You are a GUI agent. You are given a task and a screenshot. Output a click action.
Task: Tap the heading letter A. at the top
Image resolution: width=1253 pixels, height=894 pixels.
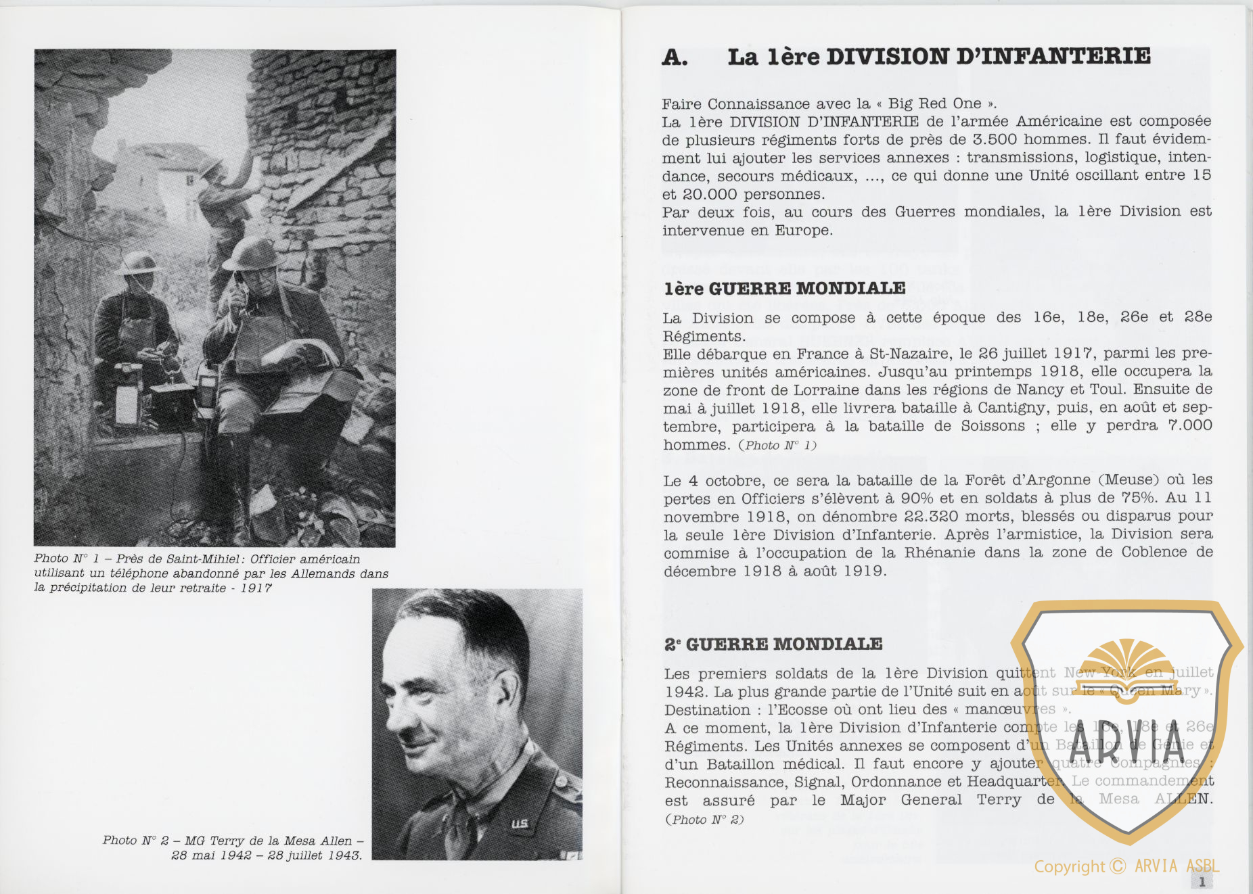tap(675, 57)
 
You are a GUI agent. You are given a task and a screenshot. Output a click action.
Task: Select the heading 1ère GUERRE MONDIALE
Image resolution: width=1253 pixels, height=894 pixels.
tap(785, 289)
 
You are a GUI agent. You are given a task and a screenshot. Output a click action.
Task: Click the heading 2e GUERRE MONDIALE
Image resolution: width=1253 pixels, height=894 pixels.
tap(773, 644)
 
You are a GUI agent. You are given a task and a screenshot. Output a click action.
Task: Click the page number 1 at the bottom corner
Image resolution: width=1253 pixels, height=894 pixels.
tap(1202, 882)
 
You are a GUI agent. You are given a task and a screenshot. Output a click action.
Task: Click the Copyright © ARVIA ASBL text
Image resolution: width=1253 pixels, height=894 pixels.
tap(1126, 866)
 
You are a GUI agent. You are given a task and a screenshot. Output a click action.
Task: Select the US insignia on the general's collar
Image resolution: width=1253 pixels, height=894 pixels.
tap(519, 824)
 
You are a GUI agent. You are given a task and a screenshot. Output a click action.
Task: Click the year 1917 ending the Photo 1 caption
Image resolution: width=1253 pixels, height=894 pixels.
tap(256, 588)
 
